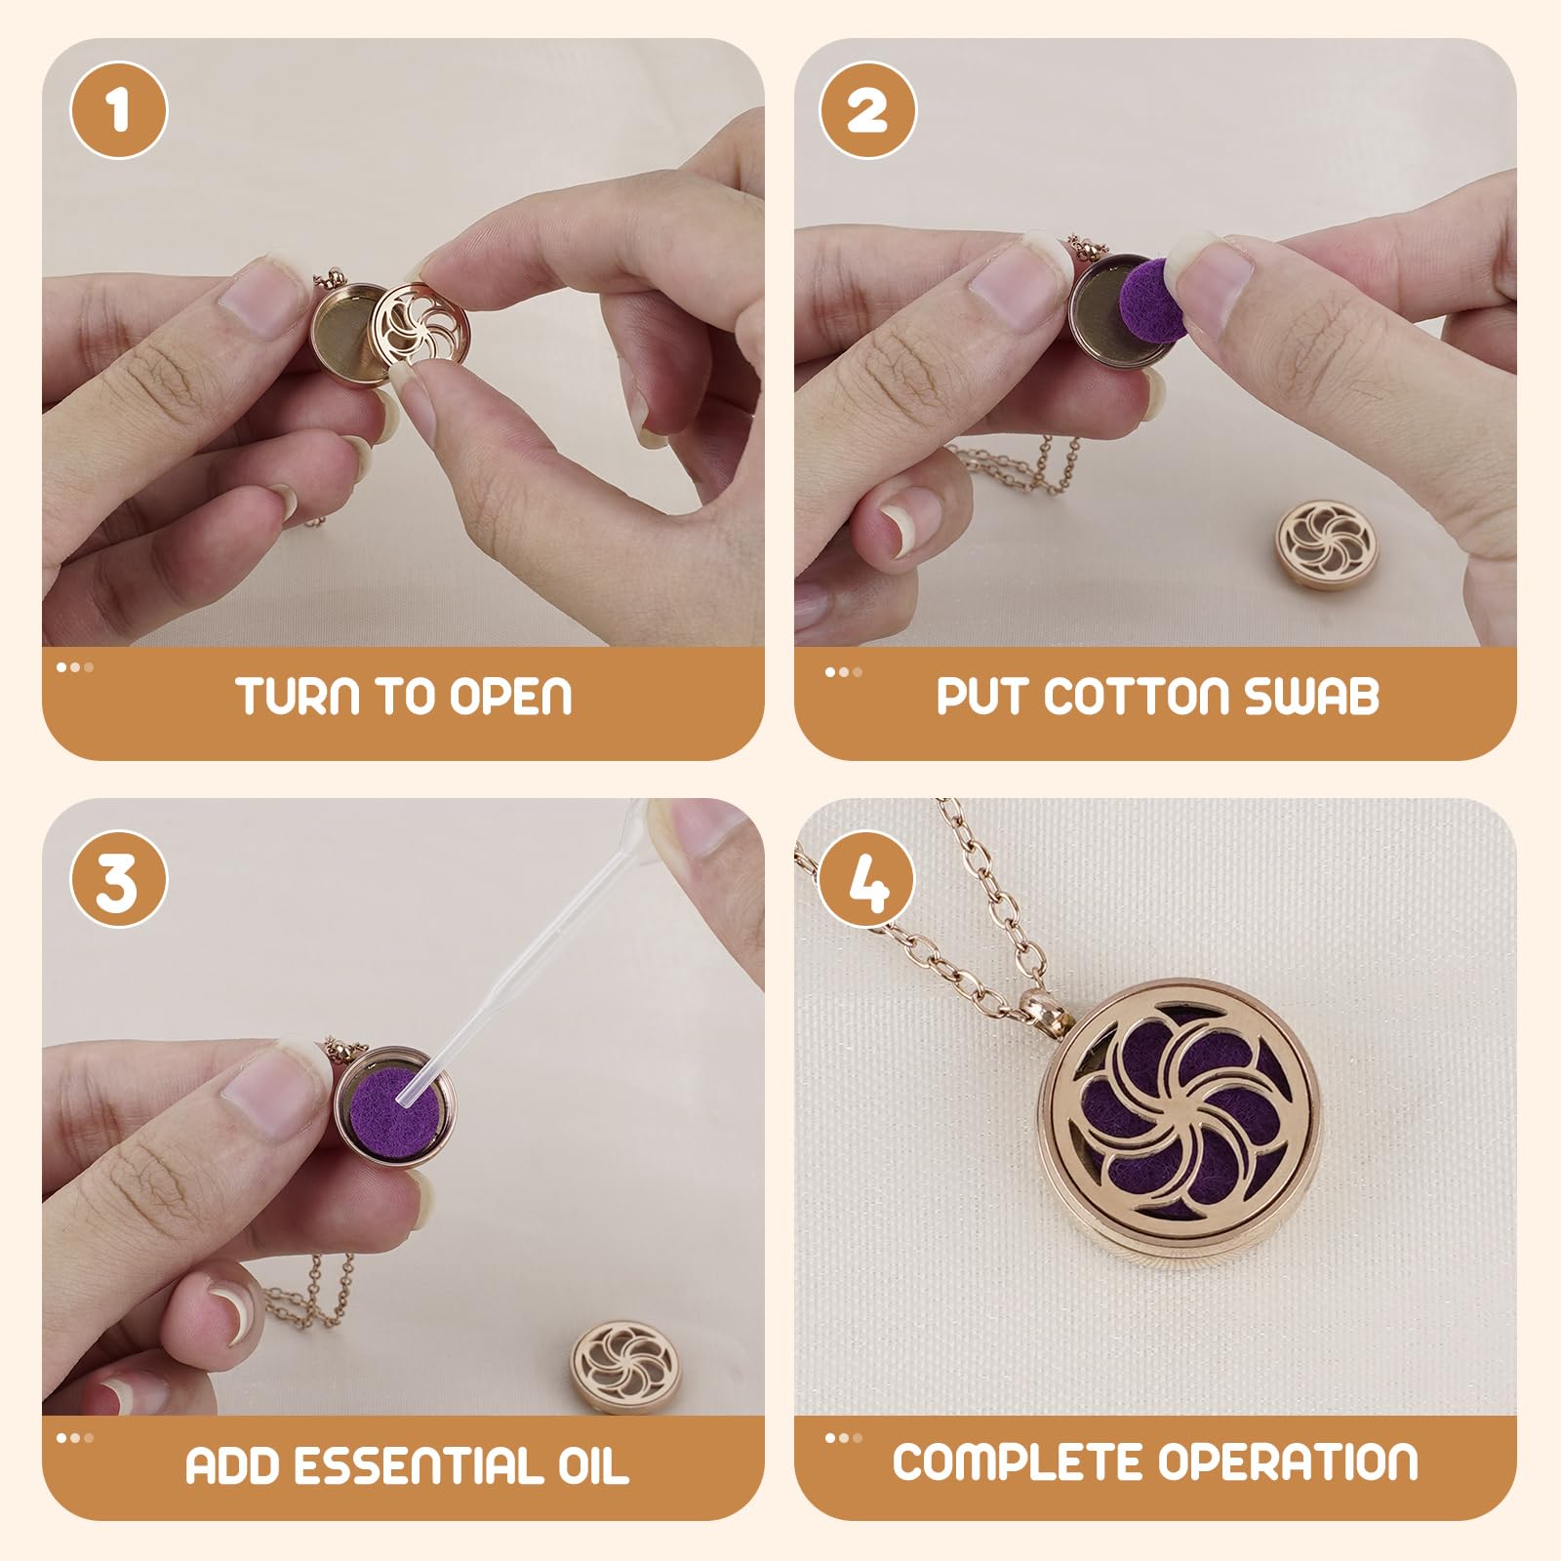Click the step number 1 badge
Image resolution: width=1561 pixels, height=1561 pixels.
(119, 110)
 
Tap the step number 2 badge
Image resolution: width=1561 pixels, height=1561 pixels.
(867, 110)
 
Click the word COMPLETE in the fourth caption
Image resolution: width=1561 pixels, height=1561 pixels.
(1020, 1461)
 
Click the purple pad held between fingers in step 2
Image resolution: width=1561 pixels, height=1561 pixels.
(1147, 293)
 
